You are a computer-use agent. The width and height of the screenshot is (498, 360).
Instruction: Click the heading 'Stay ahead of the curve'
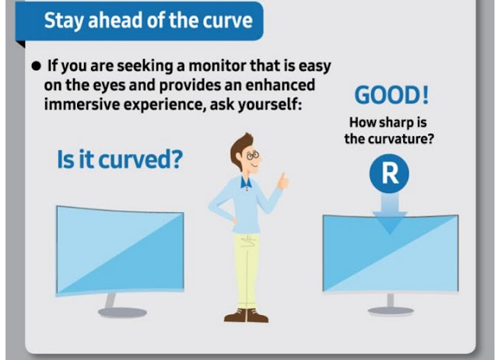tap(149, 20)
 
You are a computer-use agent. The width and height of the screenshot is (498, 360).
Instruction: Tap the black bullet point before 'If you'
tap(37, 66)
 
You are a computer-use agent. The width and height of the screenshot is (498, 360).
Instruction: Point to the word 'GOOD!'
tap(391, 95)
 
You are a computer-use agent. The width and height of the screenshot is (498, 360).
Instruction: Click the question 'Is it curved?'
tap(120, 159)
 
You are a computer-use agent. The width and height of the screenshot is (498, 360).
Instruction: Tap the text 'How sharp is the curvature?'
tap(389, 131)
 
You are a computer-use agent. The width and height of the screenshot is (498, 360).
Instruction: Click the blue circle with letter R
tap(389, 173)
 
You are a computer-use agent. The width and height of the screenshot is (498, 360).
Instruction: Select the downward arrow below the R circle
tap(390, 214)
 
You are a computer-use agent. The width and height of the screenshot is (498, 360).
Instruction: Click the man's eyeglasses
tap(254, 156)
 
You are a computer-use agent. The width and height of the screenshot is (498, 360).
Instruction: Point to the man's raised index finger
tap(282, 177)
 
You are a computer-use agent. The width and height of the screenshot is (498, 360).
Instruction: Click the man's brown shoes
tap(247, 315)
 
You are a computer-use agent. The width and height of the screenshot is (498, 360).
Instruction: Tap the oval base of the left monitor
tap(122, 313)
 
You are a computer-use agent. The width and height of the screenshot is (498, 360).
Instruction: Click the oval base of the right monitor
tap(391, 311)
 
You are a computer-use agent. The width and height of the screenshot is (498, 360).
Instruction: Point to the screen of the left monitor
tap(120, 250)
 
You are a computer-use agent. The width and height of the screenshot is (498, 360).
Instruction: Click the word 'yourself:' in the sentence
tap(270, 104)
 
